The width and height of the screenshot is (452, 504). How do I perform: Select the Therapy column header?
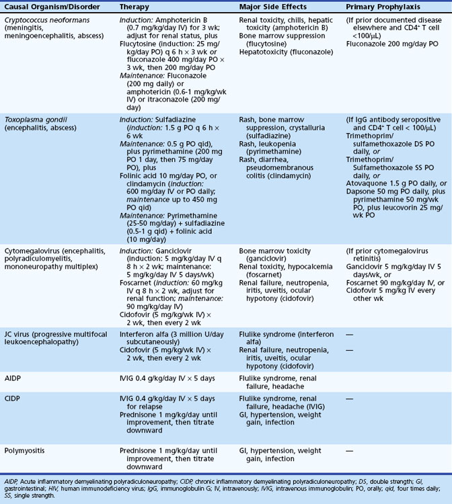point(135,6)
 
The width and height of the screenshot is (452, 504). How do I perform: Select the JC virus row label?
point(21,332)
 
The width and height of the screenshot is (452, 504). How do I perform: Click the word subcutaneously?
point(151,341)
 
